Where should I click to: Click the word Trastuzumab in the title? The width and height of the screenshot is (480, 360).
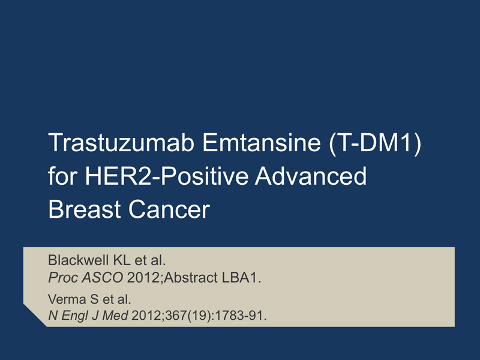[121, 142]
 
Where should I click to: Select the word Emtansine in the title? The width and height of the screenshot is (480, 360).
[262, 142]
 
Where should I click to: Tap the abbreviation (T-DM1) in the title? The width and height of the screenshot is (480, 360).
[376, 143]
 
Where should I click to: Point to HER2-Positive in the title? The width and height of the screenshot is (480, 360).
[167, 176]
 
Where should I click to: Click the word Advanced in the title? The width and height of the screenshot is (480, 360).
[311, 176]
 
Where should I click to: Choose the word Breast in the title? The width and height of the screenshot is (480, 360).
[84, 209]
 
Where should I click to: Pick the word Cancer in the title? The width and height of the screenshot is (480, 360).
[169, 209]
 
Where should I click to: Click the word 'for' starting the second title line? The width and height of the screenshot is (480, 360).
[62, 176]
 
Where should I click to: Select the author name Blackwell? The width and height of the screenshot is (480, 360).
[79, 260]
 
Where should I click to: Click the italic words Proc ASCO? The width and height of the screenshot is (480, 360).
[86, 278]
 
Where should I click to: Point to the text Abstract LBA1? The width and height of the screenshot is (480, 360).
[212, 278]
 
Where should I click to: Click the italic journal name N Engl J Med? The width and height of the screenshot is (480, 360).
[88, 316]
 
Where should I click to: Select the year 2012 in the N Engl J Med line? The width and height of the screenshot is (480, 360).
[147, 316]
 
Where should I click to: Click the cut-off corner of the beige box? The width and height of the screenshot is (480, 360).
[35, 315]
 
